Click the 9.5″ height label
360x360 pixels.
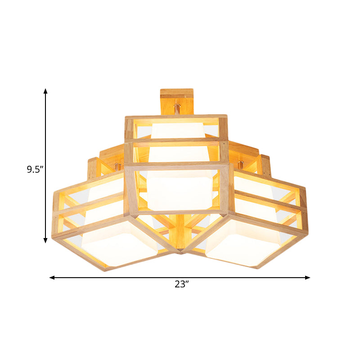coord(34,170)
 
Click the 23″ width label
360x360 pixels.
coord(181,284)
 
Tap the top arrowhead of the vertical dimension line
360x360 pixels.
coord(45,91)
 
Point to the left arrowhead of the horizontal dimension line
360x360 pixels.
coord(52,278)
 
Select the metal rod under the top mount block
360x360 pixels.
coord(177,109)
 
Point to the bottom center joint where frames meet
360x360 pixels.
coord(181,250)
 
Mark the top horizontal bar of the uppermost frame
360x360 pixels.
coord(175,117)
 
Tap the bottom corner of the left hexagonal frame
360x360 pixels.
coord(105,270)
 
